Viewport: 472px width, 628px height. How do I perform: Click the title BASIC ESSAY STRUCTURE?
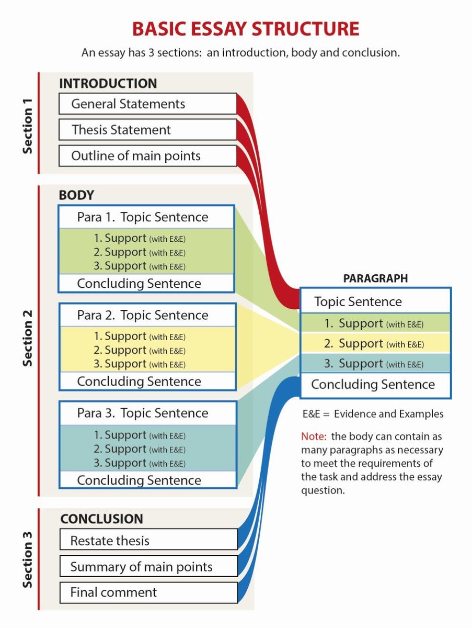point(246,28)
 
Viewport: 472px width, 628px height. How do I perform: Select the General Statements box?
point(147,104)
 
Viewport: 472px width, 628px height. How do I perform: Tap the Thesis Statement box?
point(147,130)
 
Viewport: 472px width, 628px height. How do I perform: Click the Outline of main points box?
point(147,156)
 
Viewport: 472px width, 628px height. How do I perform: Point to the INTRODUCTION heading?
point(108,84)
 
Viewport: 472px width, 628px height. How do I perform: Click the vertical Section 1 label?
point(28,124)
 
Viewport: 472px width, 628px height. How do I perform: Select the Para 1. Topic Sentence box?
point(146,217)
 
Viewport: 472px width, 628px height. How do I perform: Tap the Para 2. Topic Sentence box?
point(146,315)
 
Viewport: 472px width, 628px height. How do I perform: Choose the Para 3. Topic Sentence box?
point(146,413)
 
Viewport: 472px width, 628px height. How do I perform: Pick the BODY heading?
point(76,196)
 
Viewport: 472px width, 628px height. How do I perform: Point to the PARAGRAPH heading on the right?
point(375,279)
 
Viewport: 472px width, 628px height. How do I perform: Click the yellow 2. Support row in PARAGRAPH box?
point(375,344)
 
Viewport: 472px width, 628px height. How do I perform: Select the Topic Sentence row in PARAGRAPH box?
point(375,302)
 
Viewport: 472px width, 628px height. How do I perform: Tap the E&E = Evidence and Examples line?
point(373,414)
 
